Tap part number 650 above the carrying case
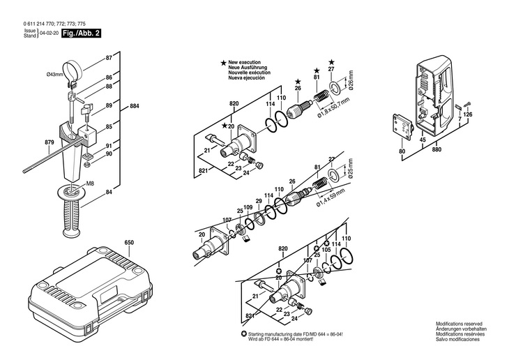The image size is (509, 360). coord(129,243)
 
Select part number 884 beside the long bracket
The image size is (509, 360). coord(134,106)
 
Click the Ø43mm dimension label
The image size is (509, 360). coord(54,75)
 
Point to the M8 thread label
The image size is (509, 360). coord(89,183)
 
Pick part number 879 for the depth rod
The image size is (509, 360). coord(49,142)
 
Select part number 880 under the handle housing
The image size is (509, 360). coord(436,149)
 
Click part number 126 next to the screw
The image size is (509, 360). coord(467,114)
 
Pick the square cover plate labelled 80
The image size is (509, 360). coord(402,127)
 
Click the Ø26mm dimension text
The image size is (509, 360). coord(351,81)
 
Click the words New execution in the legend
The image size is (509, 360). coord(244,62)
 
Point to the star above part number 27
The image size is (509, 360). coord(331,61)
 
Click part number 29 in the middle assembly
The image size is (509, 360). coord(259,202)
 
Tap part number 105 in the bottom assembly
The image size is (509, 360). coord(326,250)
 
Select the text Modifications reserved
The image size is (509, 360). coord(459,324)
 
